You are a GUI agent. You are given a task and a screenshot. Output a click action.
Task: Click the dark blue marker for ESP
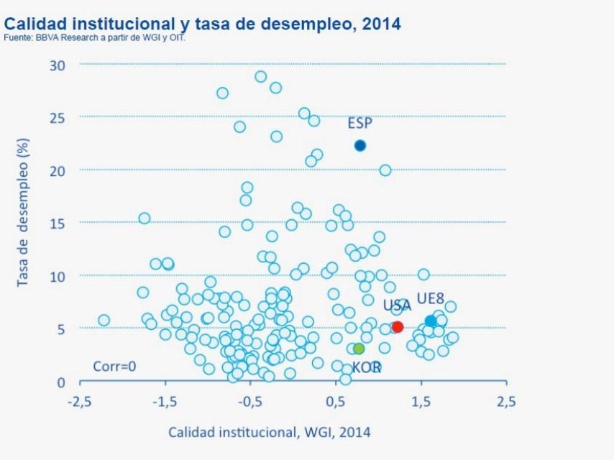pyautogui.click(x=360, y=145)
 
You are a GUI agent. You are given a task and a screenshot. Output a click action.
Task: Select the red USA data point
pyautogui.click(x=398, y=327)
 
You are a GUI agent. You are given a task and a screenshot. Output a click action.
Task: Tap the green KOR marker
pyautogui.click(x=359, y=349)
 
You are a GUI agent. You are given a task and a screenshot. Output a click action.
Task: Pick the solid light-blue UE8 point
pyautogui.click(x=431, y=321)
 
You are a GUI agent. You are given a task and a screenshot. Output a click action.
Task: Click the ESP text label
pyautogui.click(x=360, y=124)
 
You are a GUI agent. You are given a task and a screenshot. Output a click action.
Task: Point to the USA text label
pyautogui.click(x=397, y=306)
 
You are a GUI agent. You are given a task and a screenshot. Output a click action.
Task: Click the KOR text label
pyautogui.click(x=366, y=368)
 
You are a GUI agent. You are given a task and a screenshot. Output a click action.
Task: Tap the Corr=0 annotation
pyautogui.click(x=114, y=367)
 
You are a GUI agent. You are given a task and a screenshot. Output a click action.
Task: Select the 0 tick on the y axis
pyautogui.click(x=61, y=382)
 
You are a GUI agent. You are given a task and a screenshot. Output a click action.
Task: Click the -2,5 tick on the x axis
pyautogui.click(x=79, y=402)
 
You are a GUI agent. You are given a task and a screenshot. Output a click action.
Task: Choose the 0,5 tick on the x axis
pyautogui.click(x=335, y=402)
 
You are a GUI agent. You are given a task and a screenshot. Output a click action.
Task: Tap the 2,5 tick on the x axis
pyautogui.click(x=506, y=402)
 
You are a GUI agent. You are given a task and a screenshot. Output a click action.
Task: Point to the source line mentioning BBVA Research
pyautogui.click(x=94, y=37)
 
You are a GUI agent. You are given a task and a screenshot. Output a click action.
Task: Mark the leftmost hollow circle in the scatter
pyautogui.click(x=104, y=320)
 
